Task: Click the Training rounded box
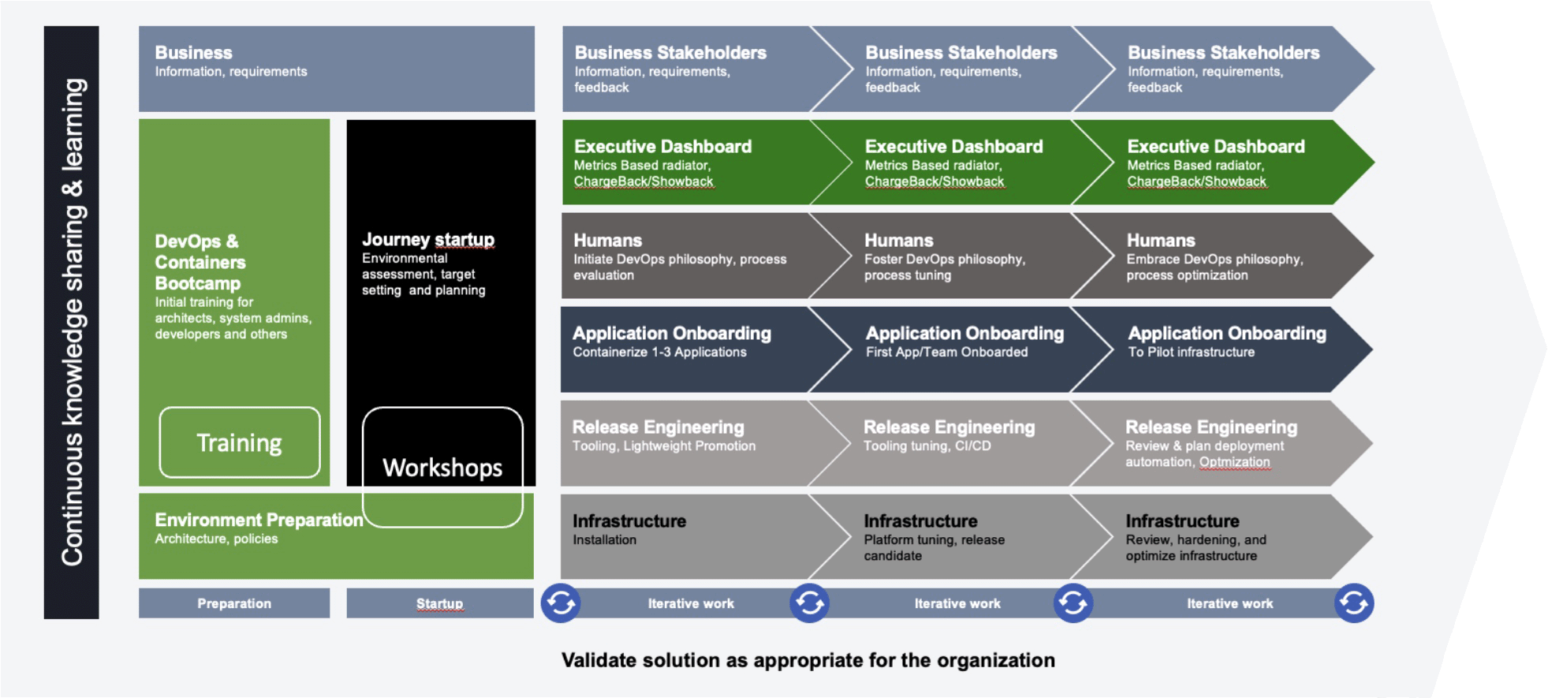click(239, 443)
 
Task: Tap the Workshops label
click(442, 468)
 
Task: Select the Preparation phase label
click(234, 603)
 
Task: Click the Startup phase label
click(439, 603)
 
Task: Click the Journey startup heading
click(428, 240)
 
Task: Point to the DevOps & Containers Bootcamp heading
click(200, 262)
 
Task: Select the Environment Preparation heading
click(259, 520)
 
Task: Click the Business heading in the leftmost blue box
click(193, 53)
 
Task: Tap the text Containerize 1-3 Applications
click(659, 353)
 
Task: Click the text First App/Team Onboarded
click(946, 353)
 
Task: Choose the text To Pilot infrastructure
click(1191, 353)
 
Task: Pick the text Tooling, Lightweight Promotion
click(663, 446)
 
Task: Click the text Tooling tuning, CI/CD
click(927, 446)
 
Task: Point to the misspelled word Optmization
click(1234, 462)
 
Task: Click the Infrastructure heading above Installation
click(629, 521)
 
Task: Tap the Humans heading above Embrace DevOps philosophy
click(1161, 241)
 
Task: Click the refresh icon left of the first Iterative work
click(561, 603)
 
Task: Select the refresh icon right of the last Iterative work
click(1354, 603)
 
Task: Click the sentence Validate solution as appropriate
click(808, 660)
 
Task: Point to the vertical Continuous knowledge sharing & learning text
click(72, 322)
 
